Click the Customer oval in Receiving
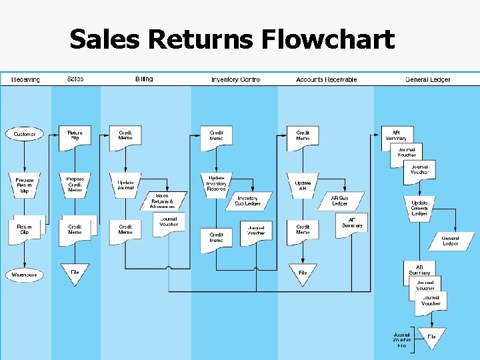pyautogui.click(x=25, y=134)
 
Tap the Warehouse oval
pyautogui.click(x=25, y=275)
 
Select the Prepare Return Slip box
pyautogui.click(x=25, y=185)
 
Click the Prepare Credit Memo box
pyautogui.click(x=75, y=184)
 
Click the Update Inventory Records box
pyautogui.click(x=217, y=184)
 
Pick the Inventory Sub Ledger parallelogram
pyautogui.click(x=247, y=200)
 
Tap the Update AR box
pyautogui.click(x=303, y=185)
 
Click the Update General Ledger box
pyautogui.click(x=419, y=208)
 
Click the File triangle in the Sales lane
pyautogui.click(x=75, y=272)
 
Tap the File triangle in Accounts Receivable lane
pyautogui.click(x=303, y=272)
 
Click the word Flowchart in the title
pyautogui.click(x=327, y=40)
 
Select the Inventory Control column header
pyautogui.click(x=235, y=79)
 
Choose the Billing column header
pyautogui.click(x=144, y=79)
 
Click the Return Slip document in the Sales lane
pyautogui.click(x=75, y=135)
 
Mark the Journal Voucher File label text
pyautogui.click(x=401, y=340)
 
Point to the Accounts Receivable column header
pyautogui.click(x=326, y=79)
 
